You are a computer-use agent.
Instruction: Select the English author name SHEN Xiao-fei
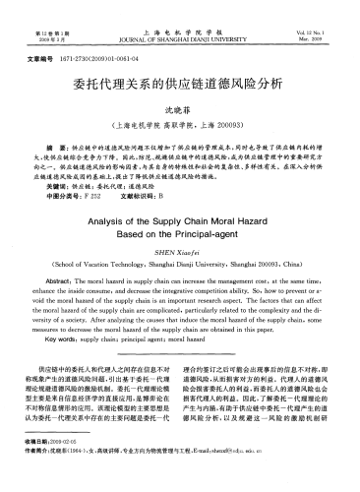coord(179,256)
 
